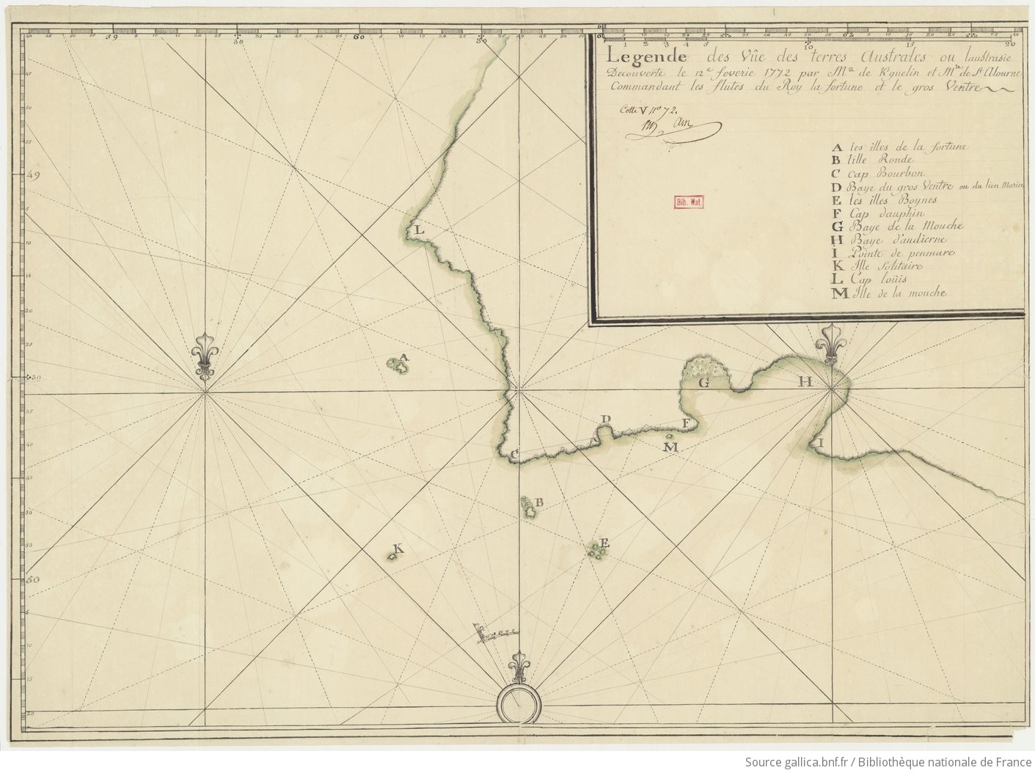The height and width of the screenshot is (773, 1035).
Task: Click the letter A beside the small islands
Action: tap(404, 357)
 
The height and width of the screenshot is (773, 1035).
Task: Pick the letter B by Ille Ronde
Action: tap(538, 502)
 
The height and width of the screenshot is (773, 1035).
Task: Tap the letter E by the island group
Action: tap(605, 543)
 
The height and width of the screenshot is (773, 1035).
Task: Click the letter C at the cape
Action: tap(514, 455)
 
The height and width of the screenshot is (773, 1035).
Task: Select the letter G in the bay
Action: tap(703, 382)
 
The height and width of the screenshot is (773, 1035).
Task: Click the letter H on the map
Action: tap(805, 381)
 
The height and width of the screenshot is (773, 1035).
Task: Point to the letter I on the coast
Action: tap(821, 443)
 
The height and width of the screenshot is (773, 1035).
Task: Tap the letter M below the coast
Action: tap(670, 446)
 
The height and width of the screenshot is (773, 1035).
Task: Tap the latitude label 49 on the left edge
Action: tap(32, 175)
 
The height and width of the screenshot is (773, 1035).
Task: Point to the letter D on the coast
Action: tap(606, 419)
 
